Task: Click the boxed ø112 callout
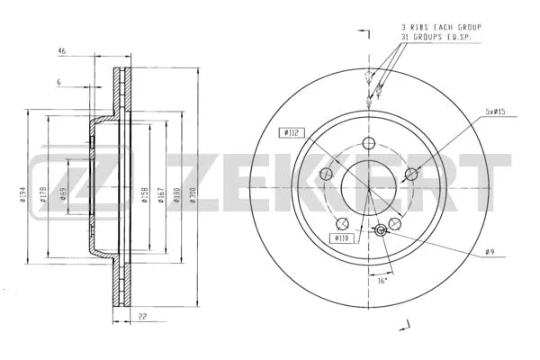coord(291,132)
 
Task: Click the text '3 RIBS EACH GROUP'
coord(440,28)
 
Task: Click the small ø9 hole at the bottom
coord(379,231)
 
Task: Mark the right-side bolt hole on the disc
coord(410,174)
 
